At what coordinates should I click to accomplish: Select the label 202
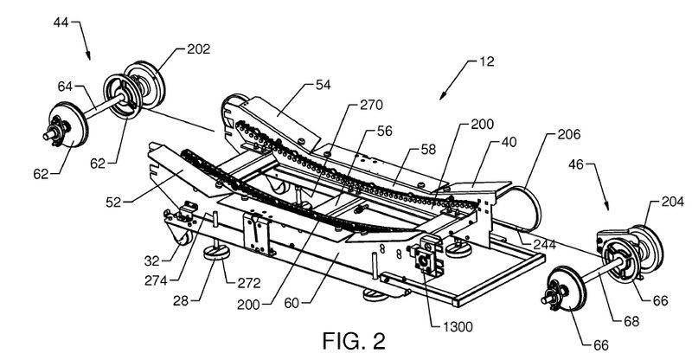click(198, 50)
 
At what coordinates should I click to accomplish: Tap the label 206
click(570, 135)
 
